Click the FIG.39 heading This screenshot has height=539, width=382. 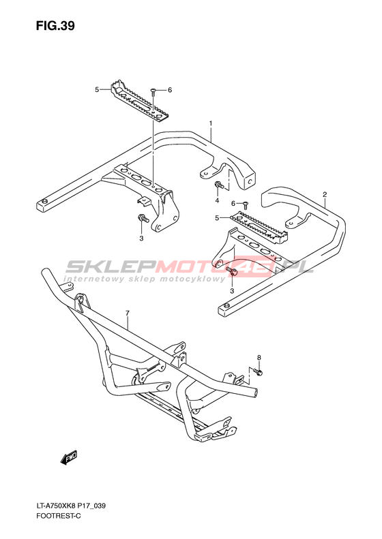(55, 26)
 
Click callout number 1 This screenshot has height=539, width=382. (211, 123)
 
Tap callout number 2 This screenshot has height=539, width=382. (325, 195)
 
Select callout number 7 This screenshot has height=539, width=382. (128, 313)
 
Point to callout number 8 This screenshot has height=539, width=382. (259, 358)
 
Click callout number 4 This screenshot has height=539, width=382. (217, 200)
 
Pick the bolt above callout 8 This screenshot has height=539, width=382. (257, 371)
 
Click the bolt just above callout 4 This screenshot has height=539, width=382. (219, 185)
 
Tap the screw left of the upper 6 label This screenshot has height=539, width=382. (153, 91)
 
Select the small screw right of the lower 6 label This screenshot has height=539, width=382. (246, 205)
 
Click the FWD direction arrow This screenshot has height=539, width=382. (68, 458)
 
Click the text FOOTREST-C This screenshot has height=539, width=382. (58, 516)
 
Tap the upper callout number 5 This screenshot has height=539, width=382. (97, 90)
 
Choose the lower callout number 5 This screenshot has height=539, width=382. (217, 217)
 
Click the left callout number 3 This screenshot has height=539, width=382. (141, 238)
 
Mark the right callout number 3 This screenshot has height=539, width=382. (232, 291)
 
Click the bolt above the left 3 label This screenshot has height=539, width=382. (143, 218)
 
